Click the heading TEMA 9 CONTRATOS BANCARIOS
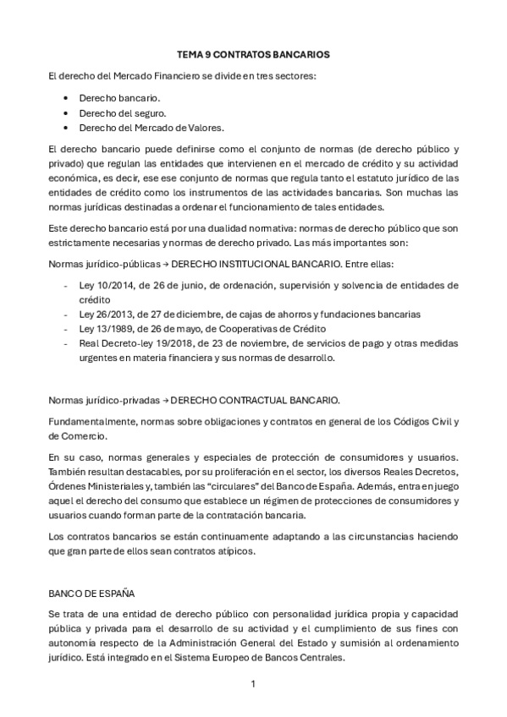[253, 54]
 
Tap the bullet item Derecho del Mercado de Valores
[141, 127]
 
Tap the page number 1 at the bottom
[253, 684]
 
